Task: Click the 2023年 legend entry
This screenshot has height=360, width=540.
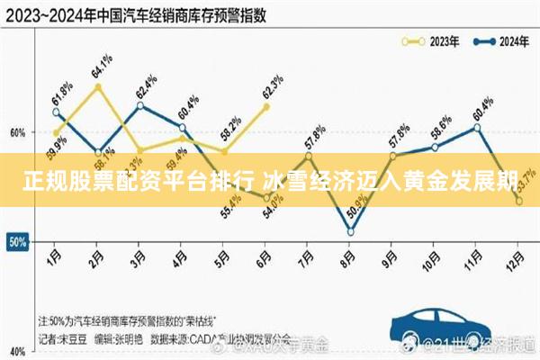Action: [x=433, y=40]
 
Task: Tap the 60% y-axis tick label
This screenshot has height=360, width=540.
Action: [x=17, y=132]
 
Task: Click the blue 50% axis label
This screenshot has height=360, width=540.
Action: [x=16, y=242]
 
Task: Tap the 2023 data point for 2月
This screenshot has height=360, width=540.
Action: [x=97, y=86]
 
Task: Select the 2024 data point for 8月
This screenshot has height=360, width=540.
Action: [x=350, y=231]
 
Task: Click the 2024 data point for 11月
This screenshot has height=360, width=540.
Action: [x=477, y=127]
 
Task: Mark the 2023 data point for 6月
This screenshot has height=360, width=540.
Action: [x=266, y=106]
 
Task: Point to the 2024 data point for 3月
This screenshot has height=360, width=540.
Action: [x=139, y=105]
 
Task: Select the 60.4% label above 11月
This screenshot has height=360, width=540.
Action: [x=482, y=107]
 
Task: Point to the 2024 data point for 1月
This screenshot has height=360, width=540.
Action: [x=56, y=112]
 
